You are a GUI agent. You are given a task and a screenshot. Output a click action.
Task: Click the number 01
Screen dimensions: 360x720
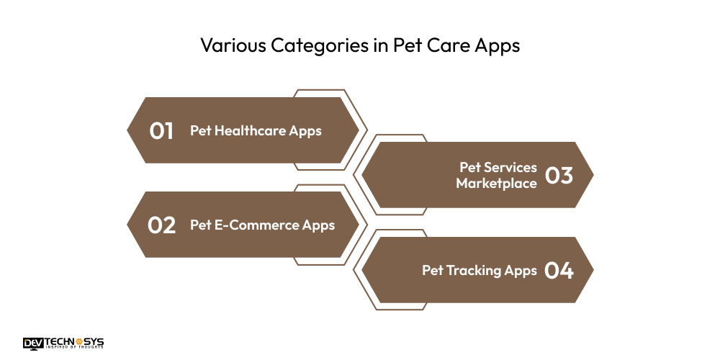coord(162,131)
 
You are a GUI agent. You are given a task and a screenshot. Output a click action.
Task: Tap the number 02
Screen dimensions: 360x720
coord(162,225)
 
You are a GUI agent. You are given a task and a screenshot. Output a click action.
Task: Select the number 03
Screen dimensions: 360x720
coord(559,176)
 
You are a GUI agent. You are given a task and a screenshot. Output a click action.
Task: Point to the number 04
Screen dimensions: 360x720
coord(559,271)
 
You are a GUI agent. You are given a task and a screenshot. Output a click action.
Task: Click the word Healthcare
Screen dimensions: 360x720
coord(250,131)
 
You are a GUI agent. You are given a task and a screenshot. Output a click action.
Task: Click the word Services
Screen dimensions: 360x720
coord(509,168)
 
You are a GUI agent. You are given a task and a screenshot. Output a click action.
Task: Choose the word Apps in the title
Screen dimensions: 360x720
coord(495,45)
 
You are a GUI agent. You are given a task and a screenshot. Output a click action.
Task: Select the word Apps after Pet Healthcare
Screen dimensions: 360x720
coord(305,131)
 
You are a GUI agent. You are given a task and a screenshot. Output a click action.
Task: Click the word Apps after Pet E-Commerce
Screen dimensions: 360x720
coord(319,225)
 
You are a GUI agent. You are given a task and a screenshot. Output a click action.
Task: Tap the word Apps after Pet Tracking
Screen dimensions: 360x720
coord(521,271)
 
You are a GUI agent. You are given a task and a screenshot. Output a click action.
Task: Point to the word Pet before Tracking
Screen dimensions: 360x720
coord(432,271)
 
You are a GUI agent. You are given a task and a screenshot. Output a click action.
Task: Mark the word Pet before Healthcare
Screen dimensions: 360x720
coord(200,131)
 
